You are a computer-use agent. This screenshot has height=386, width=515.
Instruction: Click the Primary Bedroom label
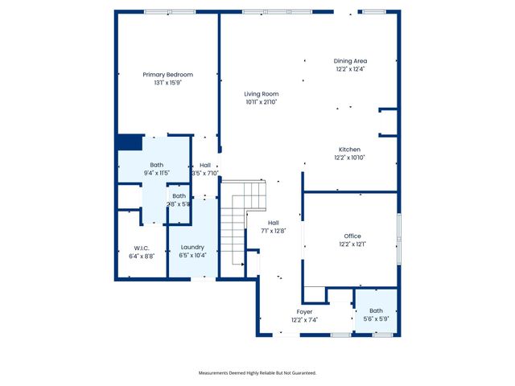point(168,74)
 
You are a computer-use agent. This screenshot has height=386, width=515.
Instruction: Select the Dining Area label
point(351,61)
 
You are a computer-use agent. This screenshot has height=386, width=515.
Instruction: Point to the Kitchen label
point(349,150)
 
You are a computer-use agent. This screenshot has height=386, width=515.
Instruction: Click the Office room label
point(351,236)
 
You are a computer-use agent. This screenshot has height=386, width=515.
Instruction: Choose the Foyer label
point(304,311)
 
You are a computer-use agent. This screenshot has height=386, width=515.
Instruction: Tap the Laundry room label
point(192,247)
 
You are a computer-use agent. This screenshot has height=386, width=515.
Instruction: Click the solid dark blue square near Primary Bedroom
point(129,142)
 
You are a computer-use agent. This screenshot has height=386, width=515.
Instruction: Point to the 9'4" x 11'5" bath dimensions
point(156,173)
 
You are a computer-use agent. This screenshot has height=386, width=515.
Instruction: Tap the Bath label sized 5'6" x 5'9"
point(377,311)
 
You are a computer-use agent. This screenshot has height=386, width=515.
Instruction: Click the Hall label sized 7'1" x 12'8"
point(274,223)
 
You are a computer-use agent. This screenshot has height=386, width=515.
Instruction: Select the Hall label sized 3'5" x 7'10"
point(205,165)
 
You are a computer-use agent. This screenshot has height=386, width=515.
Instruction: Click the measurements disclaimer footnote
point(257,373)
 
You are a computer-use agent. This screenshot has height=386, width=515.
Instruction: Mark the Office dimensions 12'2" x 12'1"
point(351,244)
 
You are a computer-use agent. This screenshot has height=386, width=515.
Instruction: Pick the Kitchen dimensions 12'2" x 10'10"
point(349,158)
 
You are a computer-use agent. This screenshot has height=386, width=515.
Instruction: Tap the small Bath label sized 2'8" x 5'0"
point(179,196)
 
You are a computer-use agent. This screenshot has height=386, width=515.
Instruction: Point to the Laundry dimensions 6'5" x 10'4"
point(192,255)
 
